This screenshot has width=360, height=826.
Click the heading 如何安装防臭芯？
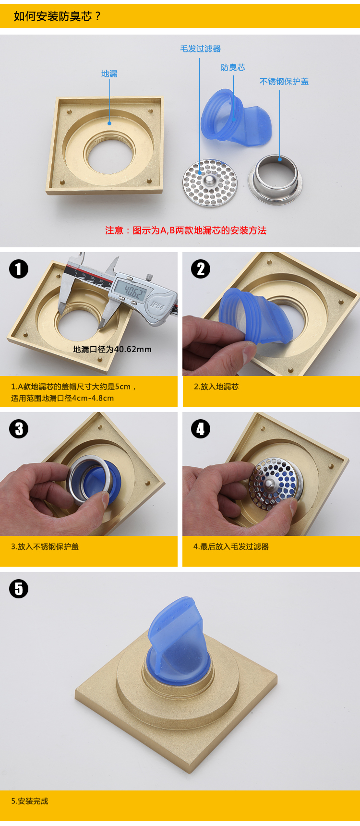[57, 16]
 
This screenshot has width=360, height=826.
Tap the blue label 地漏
[109, 73]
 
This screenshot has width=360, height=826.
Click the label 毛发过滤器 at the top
[200, 49]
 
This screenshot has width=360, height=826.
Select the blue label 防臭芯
[233, 68]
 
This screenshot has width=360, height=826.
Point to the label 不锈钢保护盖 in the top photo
[284, 82]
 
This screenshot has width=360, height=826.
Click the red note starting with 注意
[186, 231]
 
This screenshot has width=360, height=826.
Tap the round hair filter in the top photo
[210, 183]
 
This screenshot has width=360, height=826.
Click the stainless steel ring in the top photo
[275, 179]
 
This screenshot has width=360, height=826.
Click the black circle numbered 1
[19, 269]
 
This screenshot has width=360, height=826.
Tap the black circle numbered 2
[201, 269]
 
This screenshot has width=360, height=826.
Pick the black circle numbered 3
[19, 429]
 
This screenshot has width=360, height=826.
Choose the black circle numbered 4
[201, 429]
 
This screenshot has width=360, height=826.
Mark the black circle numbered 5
[19, 589]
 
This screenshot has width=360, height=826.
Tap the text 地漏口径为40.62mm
[112, 350]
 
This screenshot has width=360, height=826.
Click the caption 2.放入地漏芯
[216, 387]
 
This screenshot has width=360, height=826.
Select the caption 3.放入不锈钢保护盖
[45, 547]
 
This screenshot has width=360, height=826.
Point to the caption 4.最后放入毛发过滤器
[231, 547]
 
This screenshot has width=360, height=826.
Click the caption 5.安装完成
[30, 801]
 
